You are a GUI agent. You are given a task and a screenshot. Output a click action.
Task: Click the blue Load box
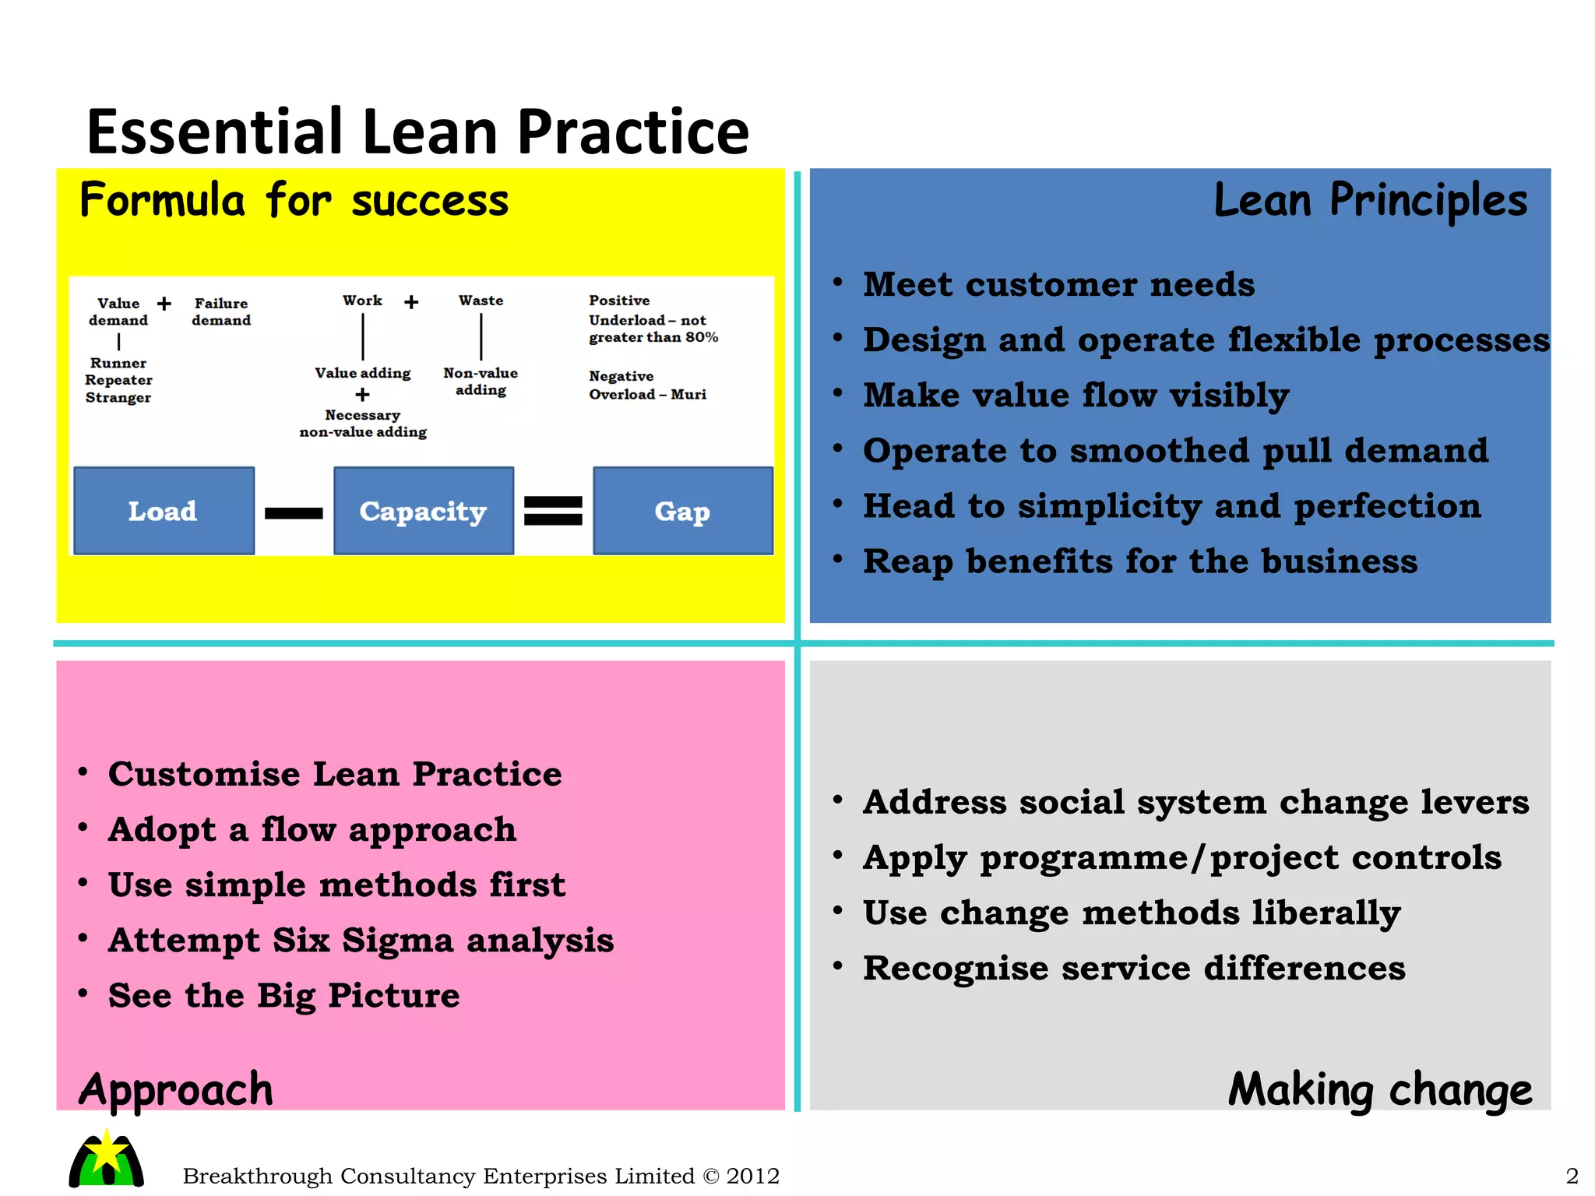click(x=164, y=511)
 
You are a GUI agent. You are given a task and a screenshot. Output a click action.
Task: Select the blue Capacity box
click(x=423, y=511)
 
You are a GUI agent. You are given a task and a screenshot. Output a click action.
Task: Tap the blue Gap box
click(x=682, y=511)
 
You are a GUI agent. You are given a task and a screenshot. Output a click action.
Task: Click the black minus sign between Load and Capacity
click(x=294, y=513)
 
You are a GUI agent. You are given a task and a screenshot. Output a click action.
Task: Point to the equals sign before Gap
click(x=553, y=511)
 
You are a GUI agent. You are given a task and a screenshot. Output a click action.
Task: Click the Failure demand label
click(x=221, y=311)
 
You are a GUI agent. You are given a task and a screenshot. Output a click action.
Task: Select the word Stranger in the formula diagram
click(x=118, y=398)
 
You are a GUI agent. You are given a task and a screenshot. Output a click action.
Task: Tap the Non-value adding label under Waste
click(x=481, y=382)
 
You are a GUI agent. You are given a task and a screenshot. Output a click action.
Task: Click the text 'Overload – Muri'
click(x=647, y=395)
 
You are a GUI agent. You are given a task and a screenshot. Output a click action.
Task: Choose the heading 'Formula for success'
click(x=294, y=200)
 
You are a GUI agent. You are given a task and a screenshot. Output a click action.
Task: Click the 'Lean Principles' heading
click(x=1370, y=200)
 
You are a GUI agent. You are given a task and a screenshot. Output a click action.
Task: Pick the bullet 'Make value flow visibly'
click(x=1076, y=396)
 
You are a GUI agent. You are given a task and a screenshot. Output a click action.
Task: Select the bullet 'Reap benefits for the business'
click(x=1140, y=561)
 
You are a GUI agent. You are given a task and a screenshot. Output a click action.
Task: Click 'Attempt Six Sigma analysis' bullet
click(x=361, y=941)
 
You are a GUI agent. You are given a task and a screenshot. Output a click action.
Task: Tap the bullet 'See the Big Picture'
click(x=283, y=996)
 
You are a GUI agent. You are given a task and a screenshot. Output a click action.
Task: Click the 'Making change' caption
click(x=1379, y=1089)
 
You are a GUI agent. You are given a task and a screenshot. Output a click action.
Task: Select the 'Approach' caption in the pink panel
click(x=176, y=1089)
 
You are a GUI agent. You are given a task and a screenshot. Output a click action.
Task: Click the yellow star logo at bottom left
click(x=107, y=1158)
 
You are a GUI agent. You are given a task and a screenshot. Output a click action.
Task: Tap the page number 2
click(x=1572, y=1176)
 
